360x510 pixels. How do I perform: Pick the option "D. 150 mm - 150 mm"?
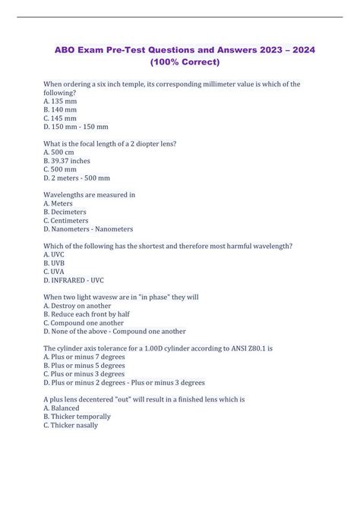coord(76,127)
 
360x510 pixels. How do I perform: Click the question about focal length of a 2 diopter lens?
coord(112,144)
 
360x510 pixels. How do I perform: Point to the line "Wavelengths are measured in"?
coord(90,195)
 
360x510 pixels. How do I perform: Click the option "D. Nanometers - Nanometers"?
coord(88,228)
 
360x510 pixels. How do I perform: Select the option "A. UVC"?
coord(54,254)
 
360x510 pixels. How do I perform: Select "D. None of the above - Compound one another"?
coord(115,331)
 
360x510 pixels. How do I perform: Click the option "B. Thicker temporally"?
coord(77,417)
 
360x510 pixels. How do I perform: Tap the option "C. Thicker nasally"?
coord(71,425)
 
